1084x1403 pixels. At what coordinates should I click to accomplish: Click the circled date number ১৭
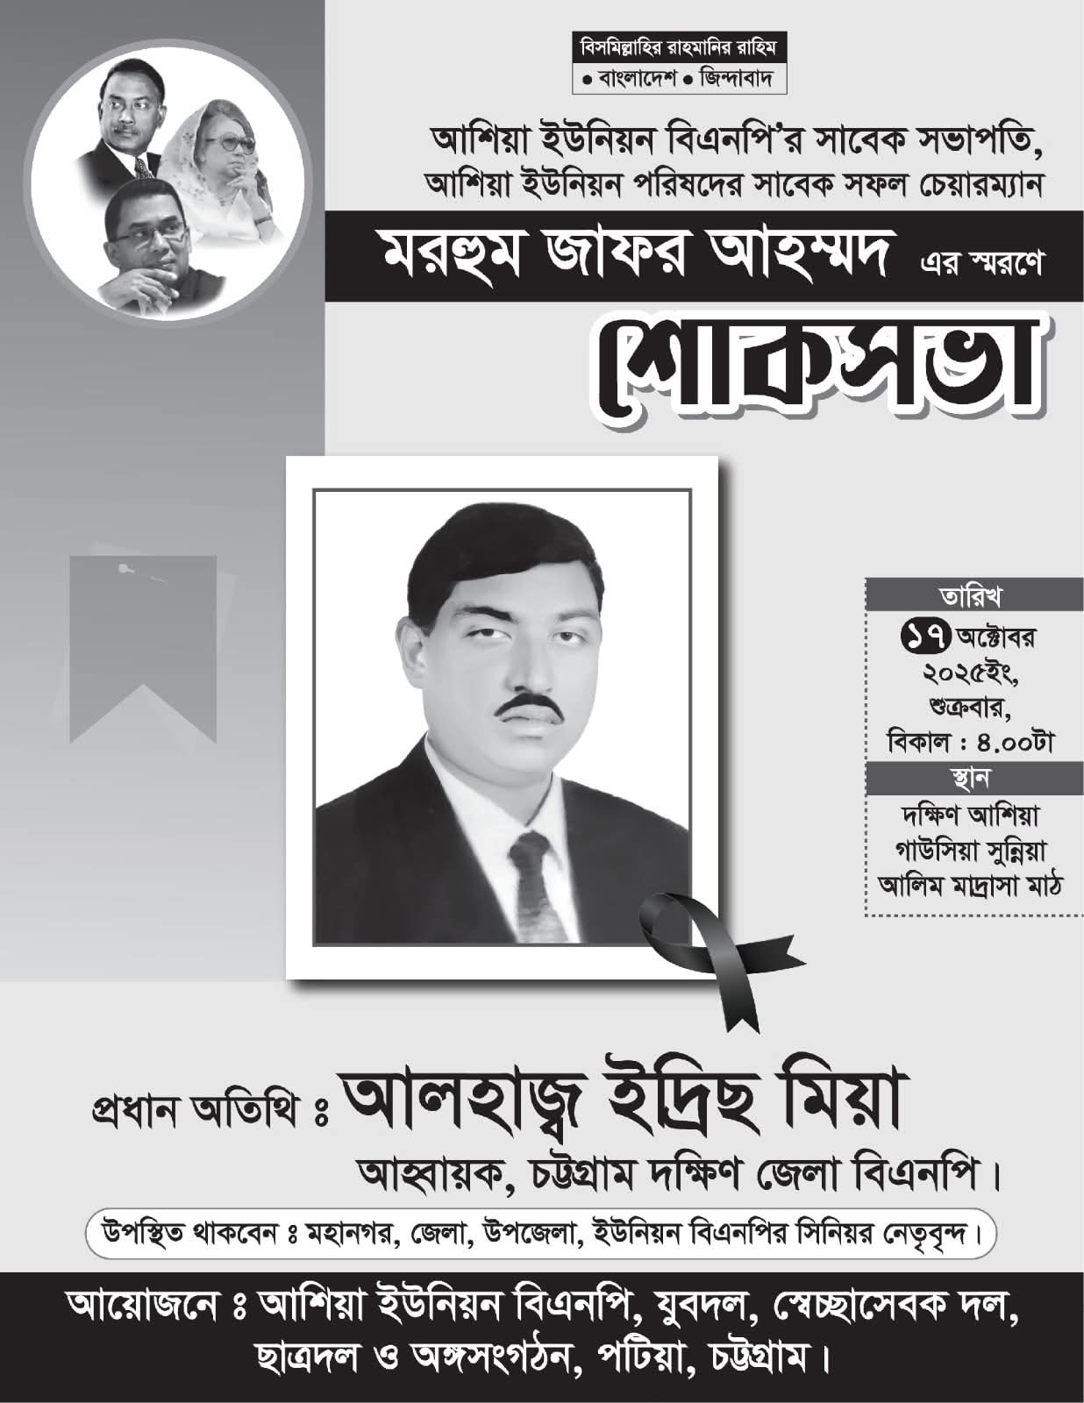pos(922,637)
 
